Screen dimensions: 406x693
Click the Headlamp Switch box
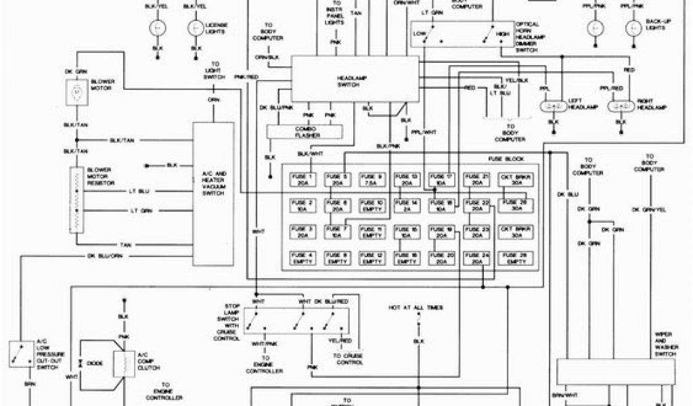(355, 78)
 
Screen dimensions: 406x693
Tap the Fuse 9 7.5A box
(371, 180)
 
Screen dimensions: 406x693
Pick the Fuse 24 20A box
(476, 258)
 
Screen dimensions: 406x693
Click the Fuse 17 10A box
(441, 180)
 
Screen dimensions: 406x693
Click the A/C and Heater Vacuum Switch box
(213, 194)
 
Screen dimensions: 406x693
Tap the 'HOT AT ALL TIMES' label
(416, 308)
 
